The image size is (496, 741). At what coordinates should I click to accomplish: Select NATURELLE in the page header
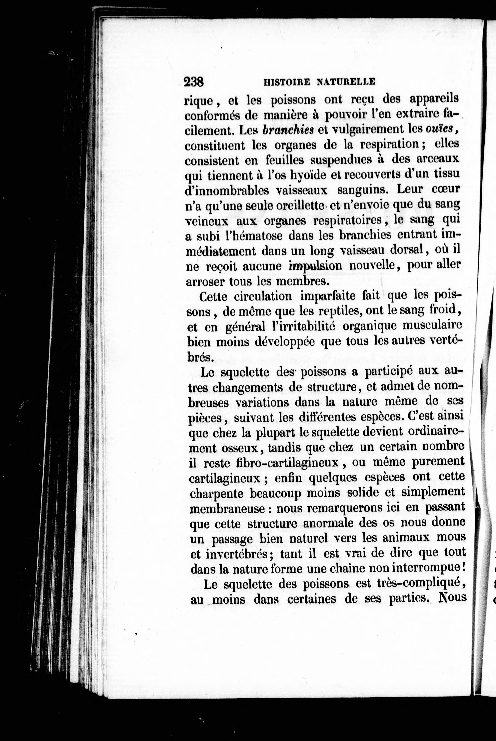pyautogui.click(x=346, y=82)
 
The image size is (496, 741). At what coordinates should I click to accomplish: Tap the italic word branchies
pyautogui.click(x=288, y=130)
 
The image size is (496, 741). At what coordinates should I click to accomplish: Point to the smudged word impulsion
pyautogui.click(x=315, y=266)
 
